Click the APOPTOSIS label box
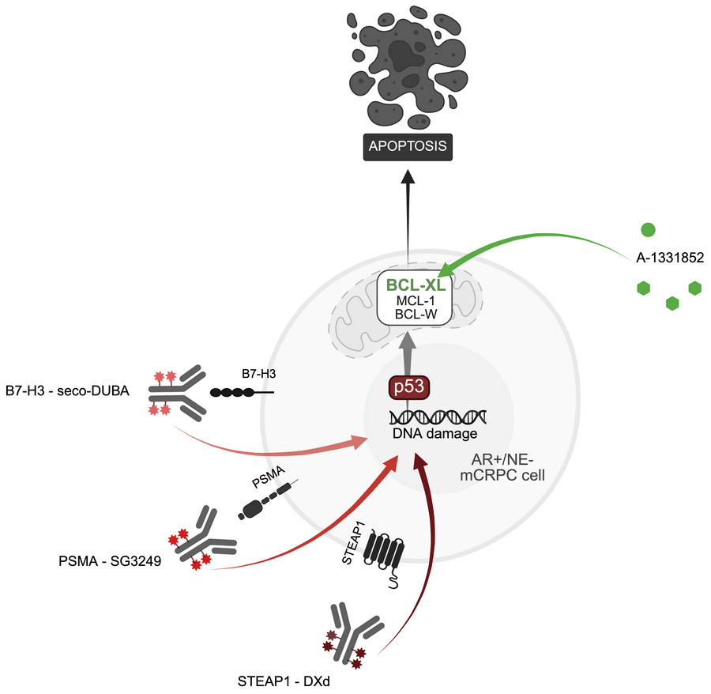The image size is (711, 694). coord(408,146)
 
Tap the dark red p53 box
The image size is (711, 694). coord(409,387)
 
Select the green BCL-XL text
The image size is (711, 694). coord(416,285)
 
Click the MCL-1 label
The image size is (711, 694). coord(416,300)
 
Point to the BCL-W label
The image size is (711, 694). coord(416,314)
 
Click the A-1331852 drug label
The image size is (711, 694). coord(670,258)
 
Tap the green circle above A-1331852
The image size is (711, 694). coord(648,229)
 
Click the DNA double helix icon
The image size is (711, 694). coord(438,417)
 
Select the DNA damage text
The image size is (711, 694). coord(434,434)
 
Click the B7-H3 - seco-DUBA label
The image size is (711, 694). coord(67,390)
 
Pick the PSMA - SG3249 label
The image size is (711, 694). coord(110,561)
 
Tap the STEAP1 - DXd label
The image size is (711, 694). coord(284,681)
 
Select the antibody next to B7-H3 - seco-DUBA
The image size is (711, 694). coord(178,392)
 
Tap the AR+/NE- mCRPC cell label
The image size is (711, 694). coord(502,467)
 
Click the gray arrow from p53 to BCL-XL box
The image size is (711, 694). coord(408,354)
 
